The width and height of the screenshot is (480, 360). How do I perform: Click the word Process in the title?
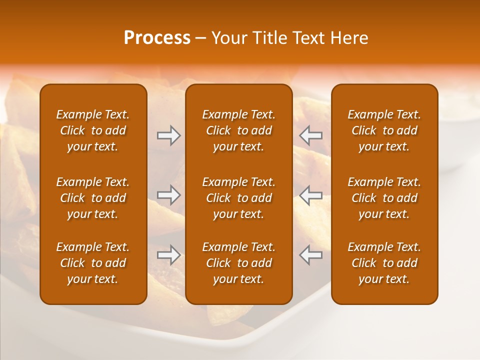(x=157, y=38)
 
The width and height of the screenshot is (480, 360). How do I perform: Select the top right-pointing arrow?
(x=168, y=135)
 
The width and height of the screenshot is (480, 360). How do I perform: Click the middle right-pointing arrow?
(x=168, y=195)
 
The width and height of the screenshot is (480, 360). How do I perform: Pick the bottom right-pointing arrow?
(x=168, y=255)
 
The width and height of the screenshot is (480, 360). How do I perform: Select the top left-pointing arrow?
(x=310, y=135)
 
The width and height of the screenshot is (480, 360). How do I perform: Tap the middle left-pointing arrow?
(x=310, y=195)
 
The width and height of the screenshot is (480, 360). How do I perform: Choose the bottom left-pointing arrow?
(x=310, y=255)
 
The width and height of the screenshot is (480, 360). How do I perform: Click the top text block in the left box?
(x=93, y=130)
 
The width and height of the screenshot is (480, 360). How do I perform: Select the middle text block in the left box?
(x=93, y=198)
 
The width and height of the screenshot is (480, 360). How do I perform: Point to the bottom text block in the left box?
(x=93, y=263)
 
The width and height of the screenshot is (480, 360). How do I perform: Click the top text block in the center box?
(x=239, y=130)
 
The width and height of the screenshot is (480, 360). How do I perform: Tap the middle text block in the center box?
(x=239, y=198)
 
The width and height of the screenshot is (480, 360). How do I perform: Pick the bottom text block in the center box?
(x=239, y=263)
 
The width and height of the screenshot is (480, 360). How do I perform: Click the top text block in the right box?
(x=384, y=130)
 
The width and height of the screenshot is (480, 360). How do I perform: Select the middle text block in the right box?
(x=384, y=198)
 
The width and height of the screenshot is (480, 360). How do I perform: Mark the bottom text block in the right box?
(x=384, y=263)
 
